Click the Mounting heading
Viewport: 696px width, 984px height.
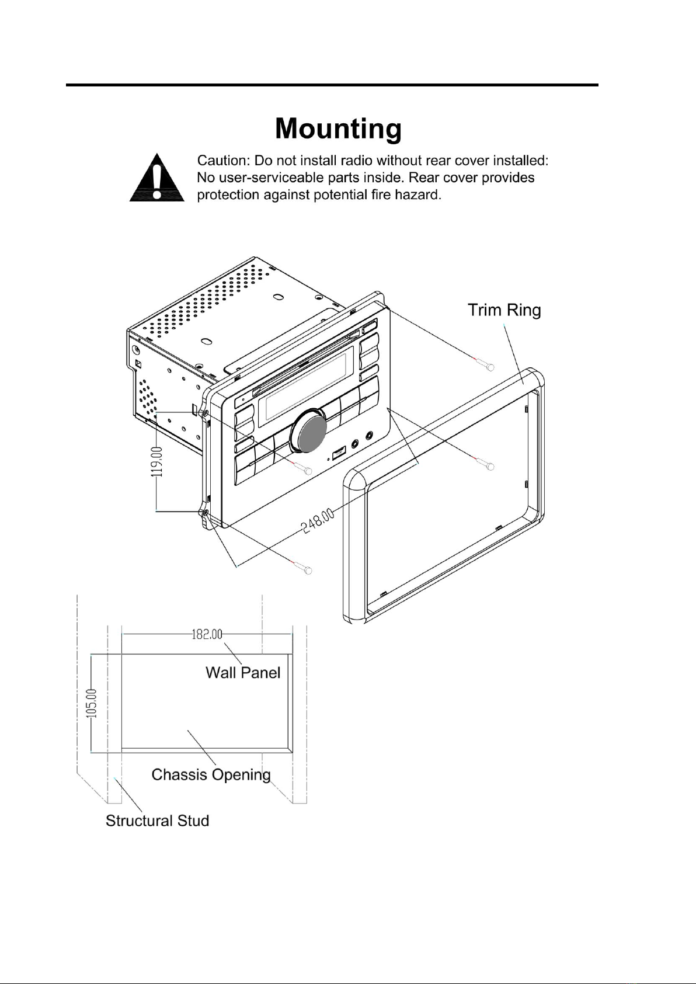[338, 129]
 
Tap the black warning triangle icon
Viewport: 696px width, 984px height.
[156, 178]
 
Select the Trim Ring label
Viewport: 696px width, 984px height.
[504, 310]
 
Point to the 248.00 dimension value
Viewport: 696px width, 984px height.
[318, 520]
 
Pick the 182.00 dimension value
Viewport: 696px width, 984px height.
[207, 634]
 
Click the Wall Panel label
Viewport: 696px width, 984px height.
[243, 673]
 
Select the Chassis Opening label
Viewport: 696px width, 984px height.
[211, 774]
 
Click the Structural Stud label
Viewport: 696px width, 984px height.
[157, 820]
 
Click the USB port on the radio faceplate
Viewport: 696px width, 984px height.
[339, 453]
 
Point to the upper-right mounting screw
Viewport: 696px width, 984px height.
[485, 364]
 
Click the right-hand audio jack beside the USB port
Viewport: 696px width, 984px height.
[370, 435]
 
